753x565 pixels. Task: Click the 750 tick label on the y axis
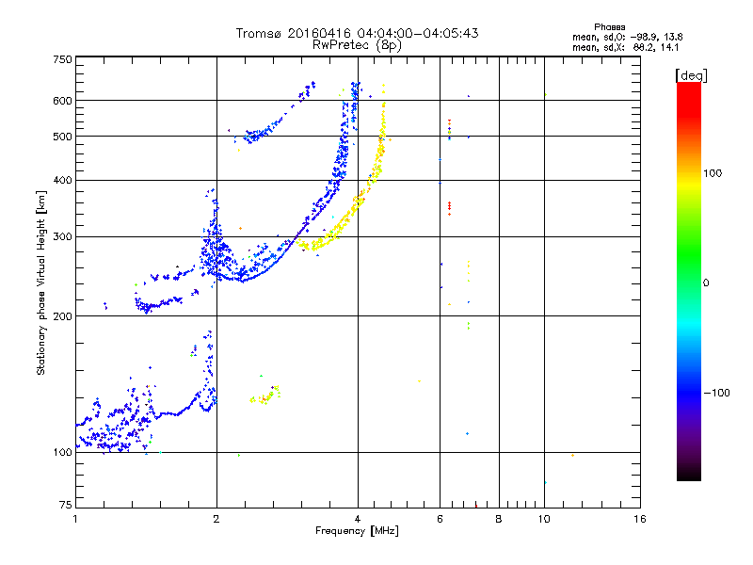pos(63,59)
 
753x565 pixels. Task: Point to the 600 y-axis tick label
pos(63,101)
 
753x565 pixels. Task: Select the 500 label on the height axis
pos(63,137)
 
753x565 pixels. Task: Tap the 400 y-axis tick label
pos(63,181)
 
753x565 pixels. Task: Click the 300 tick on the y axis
pos(63,237)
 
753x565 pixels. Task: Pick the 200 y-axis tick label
pos(63,316)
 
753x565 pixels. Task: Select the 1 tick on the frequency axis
pos(75,519)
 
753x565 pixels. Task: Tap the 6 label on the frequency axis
pos(441,519)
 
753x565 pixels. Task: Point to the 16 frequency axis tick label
pos(640,519)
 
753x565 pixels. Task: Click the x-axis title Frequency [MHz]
pos(357,532)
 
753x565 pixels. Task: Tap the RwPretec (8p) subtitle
pos(357,44)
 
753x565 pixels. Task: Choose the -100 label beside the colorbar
pos(717,392)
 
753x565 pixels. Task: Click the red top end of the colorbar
pos(689,87)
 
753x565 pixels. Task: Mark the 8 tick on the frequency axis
pos(499,519)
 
